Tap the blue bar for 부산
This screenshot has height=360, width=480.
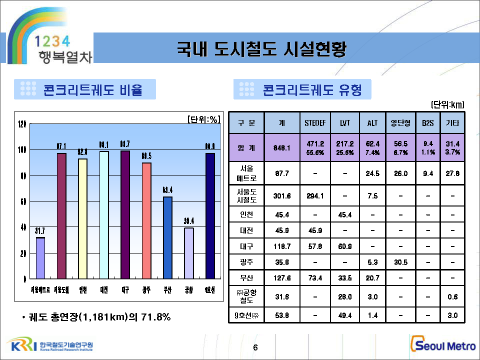coord(167,237)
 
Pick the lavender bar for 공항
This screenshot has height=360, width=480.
coord(189,252)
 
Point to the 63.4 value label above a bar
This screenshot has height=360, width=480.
coord(167,190)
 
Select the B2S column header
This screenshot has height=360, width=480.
coord(427,122)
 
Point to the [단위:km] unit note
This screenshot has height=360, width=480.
coord(447,104)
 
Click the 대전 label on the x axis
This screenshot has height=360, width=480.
coord(104,289)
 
